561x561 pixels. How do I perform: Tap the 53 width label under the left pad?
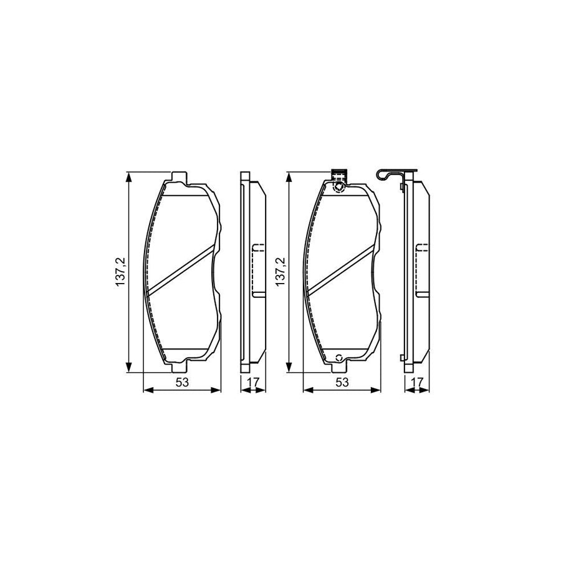tap(182, 382)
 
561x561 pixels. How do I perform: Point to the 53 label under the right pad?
tap(342, 382)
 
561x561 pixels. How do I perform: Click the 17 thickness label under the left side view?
tap(253, 382)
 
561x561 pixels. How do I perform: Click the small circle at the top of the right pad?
tap(339, 186)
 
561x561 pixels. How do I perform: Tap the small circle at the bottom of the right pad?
tap(339, 358)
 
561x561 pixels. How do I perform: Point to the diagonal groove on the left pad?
tap(181, 269)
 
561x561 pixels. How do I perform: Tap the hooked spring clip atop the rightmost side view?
tap(391, 175)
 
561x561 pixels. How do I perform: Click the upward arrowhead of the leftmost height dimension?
tap(129, 178)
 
